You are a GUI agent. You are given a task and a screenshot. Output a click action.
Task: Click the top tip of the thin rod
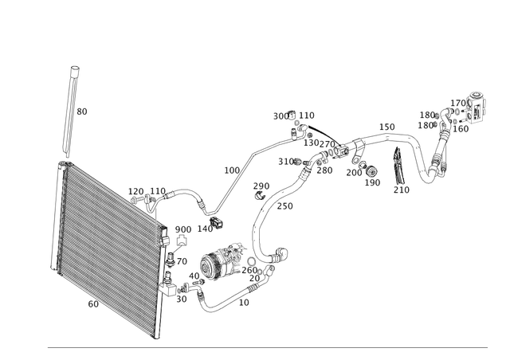pos(73,67)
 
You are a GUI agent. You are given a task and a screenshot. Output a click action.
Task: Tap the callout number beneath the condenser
pos(92,303)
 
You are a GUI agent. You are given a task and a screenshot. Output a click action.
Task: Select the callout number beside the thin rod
pos(84,112)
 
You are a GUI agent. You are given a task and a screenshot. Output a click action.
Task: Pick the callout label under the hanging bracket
pos(401,190)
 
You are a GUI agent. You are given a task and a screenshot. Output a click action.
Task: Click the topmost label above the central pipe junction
pos(294,114)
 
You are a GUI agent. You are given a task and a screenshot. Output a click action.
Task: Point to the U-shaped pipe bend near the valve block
pos(437,163)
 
